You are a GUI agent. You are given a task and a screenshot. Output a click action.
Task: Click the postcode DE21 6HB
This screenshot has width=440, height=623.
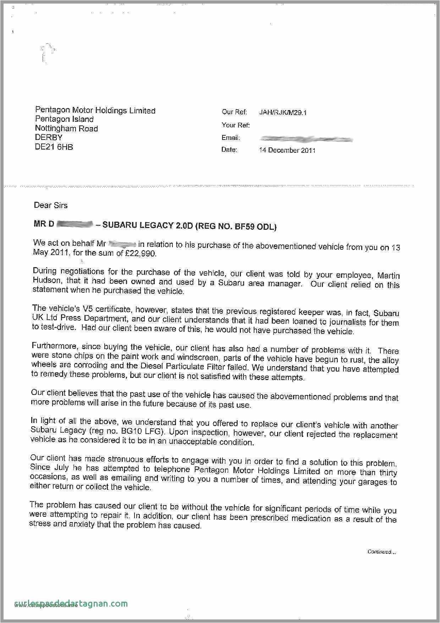[x=54, y=147]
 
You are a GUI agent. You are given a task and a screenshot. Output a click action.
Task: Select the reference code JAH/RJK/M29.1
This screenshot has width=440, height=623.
[x=283, y=113]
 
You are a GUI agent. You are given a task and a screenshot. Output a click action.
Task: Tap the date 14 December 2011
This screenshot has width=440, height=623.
[x=287, y=150]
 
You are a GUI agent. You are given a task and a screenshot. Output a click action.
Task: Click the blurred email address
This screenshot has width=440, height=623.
[x=306, y=139]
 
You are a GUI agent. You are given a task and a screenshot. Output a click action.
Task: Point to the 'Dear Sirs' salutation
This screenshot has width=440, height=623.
[x=50, y=205]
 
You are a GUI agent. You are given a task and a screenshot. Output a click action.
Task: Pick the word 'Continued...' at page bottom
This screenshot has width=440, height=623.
[x=381, y=551]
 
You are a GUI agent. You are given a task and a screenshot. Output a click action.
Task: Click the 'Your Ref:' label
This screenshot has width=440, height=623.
[x=236, y=125]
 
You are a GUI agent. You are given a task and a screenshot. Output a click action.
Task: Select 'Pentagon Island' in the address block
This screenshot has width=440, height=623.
[x=64, y=119]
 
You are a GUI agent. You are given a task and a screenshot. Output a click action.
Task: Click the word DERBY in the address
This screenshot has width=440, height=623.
[x=49, y=137]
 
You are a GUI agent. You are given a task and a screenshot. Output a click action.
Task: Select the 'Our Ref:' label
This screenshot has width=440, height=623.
[x=235, y=112]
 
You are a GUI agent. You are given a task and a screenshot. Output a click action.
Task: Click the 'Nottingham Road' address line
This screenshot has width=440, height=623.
[x=66, y=129]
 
